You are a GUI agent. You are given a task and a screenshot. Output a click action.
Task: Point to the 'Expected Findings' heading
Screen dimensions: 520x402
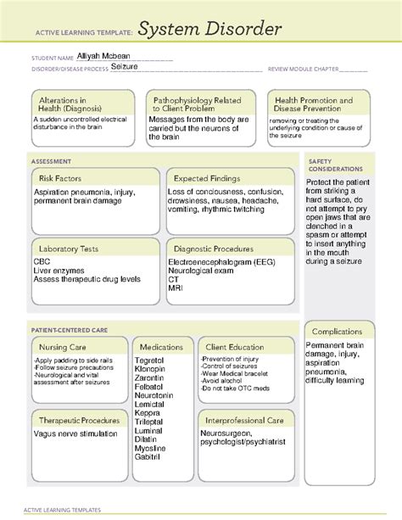click(x=208, y=178)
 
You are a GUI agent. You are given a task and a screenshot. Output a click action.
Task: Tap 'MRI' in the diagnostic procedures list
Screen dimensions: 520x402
click(x=176, y=289)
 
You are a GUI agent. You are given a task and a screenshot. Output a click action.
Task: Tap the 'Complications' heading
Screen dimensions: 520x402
click(x=336, y=332)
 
